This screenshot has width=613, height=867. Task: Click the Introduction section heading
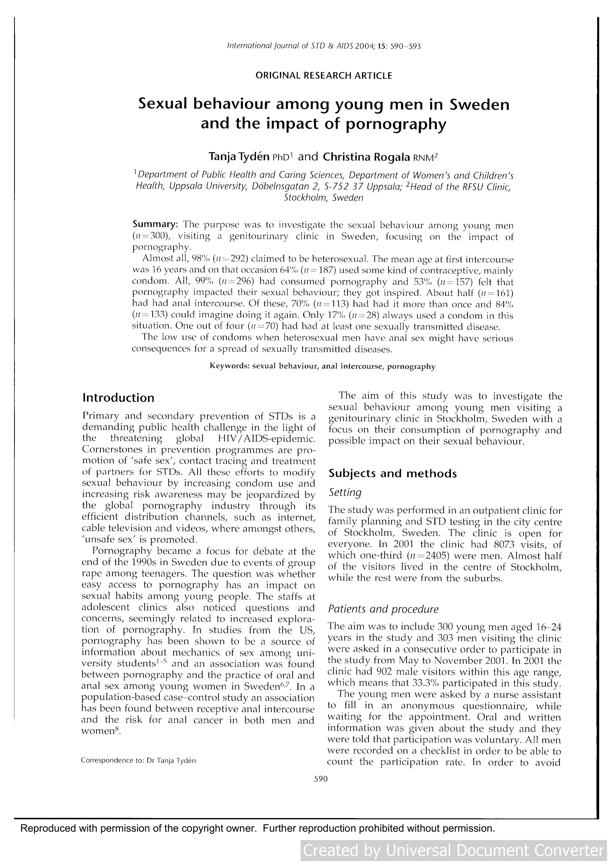click(118, 398)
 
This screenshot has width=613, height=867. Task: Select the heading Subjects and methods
click(393, 474)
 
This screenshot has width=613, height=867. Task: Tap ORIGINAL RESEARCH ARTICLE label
click(324, 76)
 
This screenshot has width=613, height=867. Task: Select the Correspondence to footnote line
click(138, 760)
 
